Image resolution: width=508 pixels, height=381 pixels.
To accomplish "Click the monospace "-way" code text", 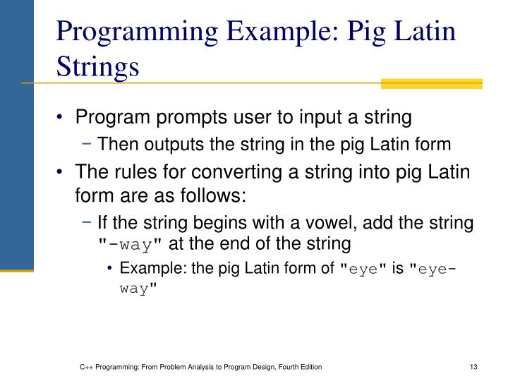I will (131, 245).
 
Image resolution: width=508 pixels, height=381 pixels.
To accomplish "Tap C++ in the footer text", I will (87, 367).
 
